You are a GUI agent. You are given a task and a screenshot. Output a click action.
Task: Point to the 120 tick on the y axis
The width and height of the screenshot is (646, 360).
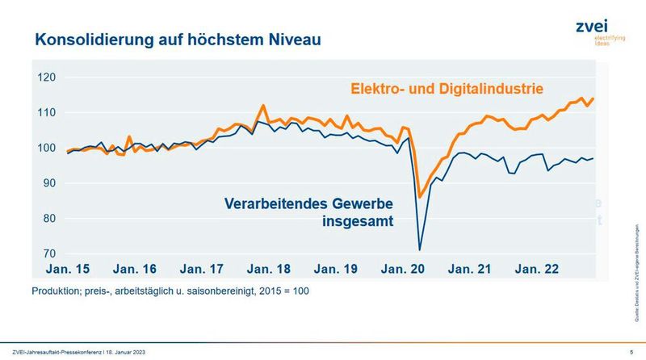49,77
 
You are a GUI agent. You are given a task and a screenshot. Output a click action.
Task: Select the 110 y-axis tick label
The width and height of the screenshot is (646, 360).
49,113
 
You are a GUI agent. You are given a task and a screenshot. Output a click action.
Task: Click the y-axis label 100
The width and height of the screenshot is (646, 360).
49,149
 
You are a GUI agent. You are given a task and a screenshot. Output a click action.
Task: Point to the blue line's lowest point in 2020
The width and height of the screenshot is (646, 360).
419,249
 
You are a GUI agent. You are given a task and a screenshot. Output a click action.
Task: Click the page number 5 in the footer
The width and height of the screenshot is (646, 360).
631,352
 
